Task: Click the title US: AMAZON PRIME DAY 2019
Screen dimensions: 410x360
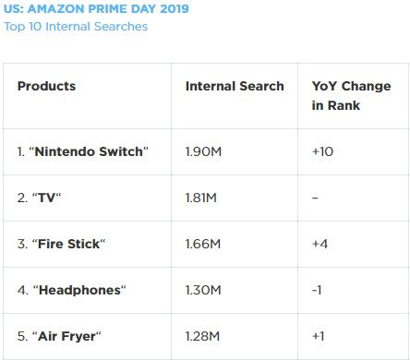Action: (x=96, y=8)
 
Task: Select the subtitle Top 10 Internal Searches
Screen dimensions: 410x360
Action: (x=76, y=27)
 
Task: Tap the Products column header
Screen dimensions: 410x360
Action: (x=46, y=86)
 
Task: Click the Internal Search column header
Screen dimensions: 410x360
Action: (x=235, y=86)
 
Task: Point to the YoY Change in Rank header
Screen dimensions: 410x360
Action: (x=351, y=95)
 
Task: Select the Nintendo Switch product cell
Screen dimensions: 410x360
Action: (x=83, y=151)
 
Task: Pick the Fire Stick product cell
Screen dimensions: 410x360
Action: (x=62, y=244)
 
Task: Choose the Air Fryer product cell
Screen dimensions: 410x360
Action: (x=59, y=336)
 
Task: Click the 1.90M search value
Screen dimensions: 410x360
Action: (x=203, y=151)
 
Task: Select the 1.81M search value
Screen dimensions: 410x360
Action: (x=201, y=198)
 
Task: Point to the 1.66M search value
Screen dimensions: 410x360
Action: (x=203, y=244)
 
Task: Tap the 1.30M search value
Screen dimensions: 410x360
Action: (x=203, y=290)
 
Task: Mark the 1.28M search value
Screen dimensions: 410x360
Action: (x=202, y=336)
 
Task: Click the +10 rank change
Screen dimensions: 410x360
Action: (x=322, y=151)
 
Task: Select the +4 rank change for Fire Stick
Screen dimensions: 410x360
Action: (x=320, y=244)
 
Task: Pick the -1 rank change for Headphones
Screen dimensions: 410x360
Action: (x=317, y=290)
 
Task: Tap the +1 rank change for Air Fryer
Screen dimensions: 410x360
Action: (x=318, y=336)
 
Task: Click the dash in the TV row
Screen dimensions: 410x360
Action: (x=315, y=198)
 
